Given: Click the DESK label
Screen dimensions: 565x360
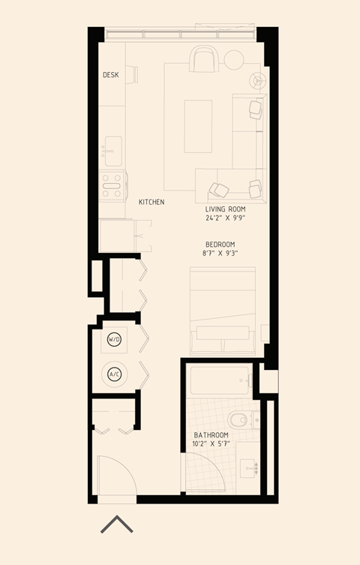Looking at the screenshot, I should click(x=111, y=75).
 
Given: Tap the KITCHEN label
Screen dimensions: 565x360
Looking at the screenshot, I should click(x=151, y=203).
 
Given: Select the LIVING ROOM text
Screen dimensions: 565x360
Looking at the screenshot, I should click(x=226, y=209).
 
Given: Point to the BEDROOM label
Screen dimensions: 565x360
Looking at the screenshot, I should click(x=220, y=245).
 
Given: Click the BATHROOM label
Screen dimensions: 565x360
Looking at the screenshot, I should click(x=211, y=435).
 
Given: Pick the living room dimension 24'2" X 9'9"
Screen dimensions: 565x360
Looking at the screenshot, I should click(x=226, y=218).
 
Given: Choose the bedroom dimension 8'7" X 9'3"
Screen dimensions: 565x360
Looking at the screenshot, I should click(x=220, y=254).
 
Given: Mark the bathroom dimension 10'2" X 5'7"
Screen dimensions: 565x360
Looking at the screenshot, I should click(x=211, y=444).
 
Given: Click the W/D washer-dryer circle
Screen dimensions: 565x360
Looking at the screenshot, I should click(x=114, y=339).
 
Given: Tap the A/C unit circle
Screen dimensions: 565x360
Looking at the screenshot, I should click(x=114, y=373).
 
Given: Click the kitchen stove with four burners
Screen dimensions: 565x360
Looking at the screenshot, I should click(x=112, y=185).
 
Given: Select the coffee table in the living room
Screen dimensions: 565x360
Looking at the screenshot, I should click(x=198, y=126).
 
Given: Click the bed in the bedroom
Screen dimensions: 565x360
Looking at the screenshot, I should click(x=222, y=311).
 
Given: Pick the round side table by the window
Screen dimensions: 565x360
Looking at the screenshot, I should click(x=235, y=59).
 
